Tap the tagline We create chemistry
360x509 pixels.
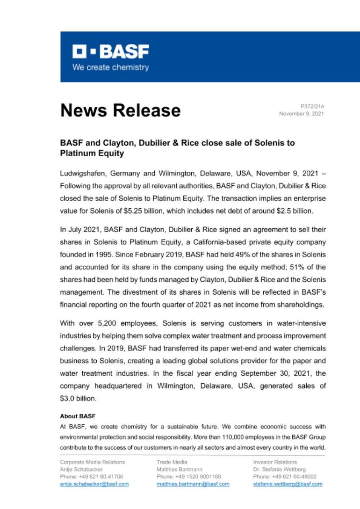110,67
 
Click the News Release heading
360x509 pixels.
120,110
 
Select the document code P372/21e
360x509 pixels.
312,107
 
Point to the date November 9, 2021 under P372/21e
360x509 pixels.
302,114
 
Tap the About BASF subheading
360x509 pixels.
78,416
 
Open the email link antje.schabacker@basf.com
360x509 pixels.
94,484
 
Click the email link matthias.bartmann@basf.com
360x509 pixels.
193,484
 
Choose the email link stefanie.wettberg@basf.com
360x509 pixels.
288,484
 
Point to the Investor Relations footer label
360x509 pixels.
275,462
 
